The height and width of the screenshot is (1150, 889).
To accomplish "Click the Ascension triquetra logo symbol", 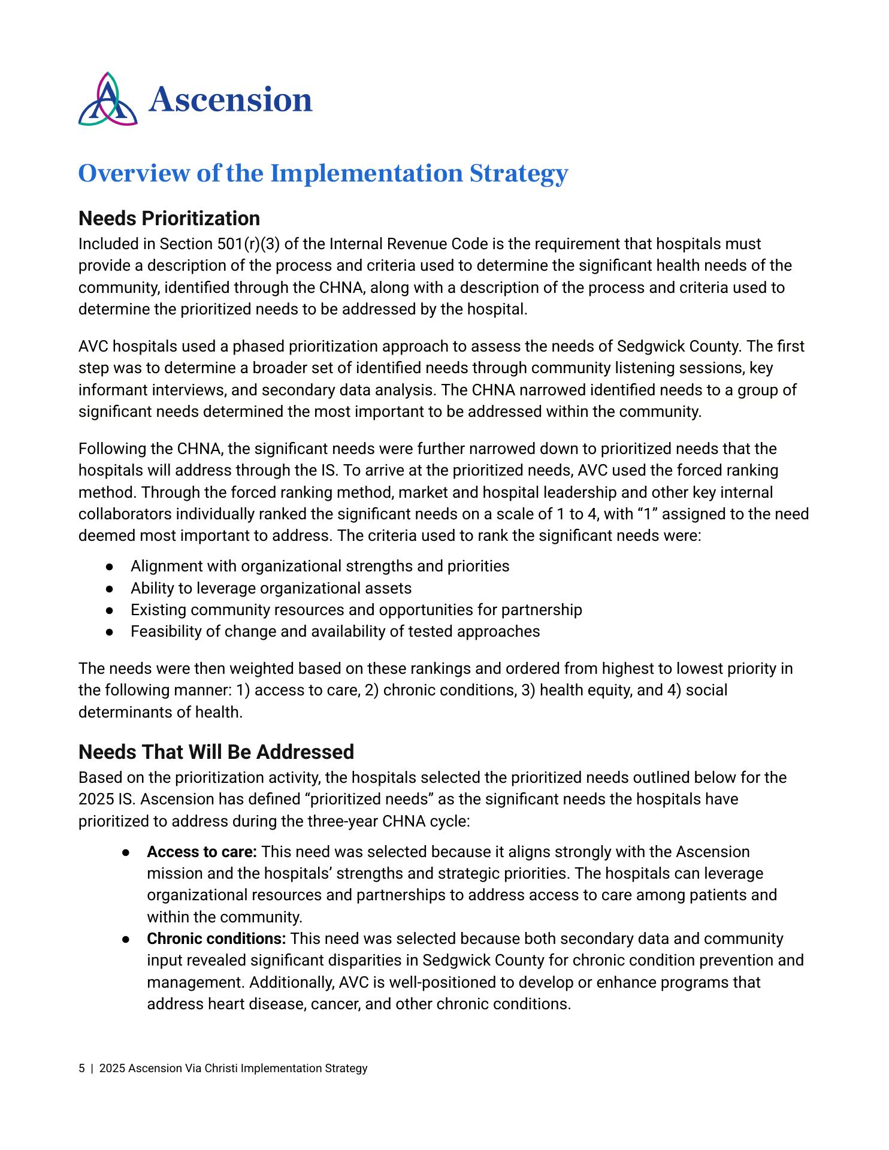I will [x=108, y=99].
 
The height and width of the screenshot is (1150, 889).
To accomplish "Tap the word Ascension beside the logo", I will [x=231, y=99].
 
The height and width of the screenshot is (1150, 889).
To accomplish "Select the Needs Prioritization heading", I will [x=169, y=218].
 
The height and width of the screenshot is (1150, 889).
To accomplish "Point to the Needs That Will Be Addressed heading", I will [x=216, y=752].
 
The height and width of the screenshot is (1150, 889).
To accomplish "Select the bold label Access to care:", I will [x=202, y=852].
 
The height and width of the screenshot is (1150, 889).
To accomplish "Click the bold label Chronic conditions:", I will [x=216, y=939].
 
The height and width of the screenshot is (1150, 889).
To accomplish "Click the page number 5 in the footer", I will [x=81, y=1069].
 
